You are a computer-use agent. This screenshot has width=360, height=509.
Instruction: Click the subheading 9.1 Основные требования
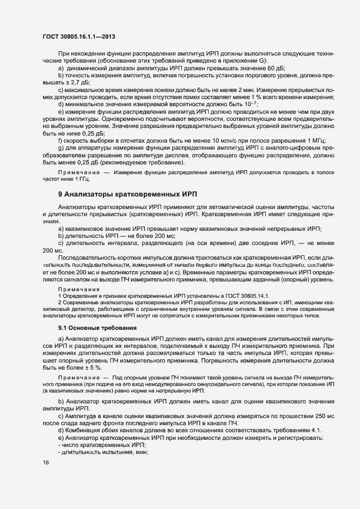[94, 328]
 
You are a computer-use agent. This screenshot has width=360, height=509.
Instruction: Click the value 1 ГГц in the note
[82, 179]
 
